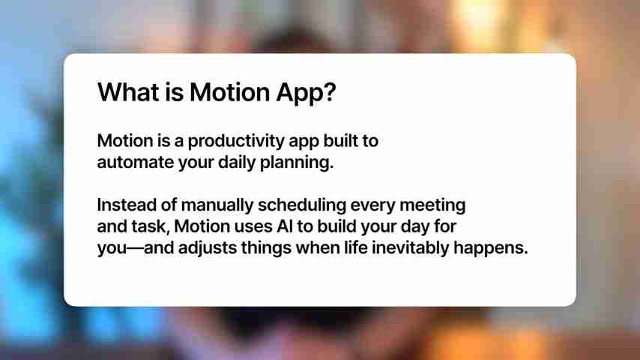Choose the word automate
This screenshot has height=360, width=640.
(133, 163)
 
